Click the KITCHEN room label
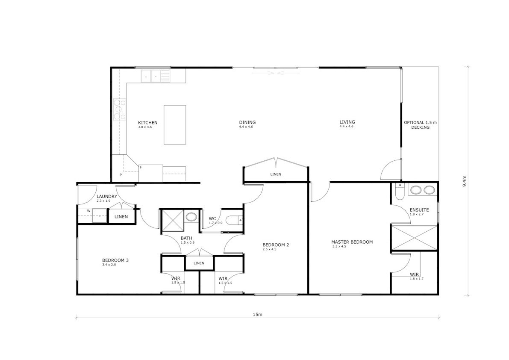click(148, 123)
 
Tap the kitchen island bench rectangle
click(175, 125)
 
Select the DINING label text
click(247, 122)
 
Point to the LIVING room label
click(347, 122)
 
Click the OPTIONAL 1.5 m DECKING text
click(421, 125)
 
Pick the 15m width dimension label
click(257, 315)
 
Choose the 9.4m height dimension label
click(465, 181)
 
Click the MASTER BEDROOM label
click(352, 242)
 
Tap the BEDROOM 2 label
click(276, 245)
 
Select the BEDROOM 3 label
click(115, 260)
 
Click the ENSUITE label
click(419, 210)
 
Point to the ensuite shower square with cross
click(415, 238)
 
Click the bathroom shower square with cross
click(173, 221)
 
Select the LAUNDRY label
click(107, 196)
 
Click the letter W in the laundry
click(88, 211)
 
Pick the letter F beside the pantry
click(141, 167)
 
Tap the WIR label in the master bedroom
click(414, 274)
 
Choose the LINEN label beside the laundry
click(121, 216)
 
